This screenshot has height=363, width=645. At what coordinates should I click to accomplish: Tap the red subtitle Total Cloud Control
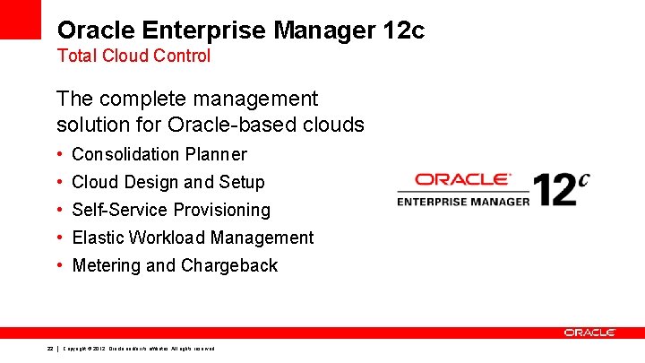tap(133, 56)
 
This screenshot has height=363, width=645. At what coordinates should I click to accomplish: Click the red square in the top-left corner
tap(20, 19)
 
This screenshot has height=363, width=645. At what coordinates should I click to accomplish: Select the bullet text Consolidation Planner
tap(159, 154)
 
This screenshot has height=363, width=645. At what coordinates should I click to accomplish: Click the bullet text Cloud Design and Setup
tap(168, 182)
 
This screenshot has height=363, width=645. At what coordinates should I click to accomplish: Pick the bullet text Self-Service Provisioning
tap(170, 210)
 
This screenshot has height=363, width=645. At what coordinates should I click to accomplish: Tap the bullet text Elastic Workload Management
tap(193, 238)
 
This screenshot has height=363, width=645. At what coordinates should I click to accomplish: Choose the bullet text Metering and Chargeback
tap(175, 265)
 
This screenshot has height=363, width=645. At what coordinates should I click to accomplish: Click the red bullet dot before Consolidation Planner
tap(58, 154)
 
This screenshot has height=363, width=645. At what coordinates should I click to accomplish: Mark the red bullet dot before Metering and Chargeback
tap(58, 265)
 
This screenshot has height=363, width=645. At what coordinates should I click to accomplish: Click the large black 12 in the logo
tap(554, 190)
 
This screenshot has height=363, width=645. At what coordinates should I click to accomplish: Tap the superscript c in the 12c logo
tap(583, 178)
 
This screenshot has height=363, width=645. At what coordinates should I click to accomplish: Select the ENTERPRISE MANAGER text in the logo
tap(463, 201)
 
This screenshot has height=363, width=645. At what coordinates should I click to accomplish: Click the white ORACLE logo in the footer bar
tap(589, 333)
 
